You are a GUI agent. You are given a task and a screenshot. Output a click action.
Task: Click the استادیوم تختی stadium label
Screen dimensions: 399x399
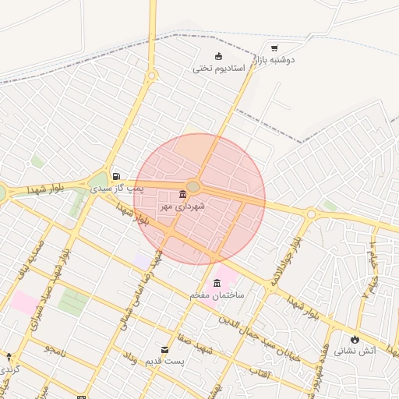point(219,69)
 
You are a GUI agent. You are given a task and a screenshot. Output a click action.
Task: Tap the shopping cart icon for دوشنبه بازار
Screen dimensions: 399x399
point(274,48)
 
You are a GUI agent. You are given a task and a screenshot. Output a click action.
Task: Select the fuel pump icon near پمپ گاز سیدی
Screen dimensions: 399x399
point(116,177)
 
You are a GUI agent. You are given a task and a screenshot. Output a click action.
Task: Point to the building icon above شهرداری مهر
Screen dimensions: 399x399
point(182,194)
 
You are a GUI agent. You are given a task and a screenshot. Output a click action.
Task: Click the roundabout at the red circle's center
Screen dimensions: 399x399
point(193,187)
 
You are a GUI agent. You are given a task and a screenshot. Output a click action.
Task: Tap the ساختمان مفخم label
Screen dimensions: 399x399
point(217,296)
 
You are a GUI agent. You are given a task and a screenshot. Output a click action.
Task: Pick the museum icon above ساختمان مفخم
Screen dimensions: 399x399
point(217,283)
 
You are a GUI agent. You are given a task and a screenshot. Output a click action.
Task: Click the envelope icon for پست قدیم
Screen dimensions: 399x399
point(164,349)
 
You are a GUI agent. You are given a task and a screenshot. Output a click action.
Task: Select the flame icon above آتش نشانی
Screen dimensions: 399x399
point(355,339)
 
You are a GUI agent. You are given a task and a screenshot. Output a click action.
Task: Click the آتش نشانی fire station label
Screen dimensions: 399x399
point(355,351)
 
